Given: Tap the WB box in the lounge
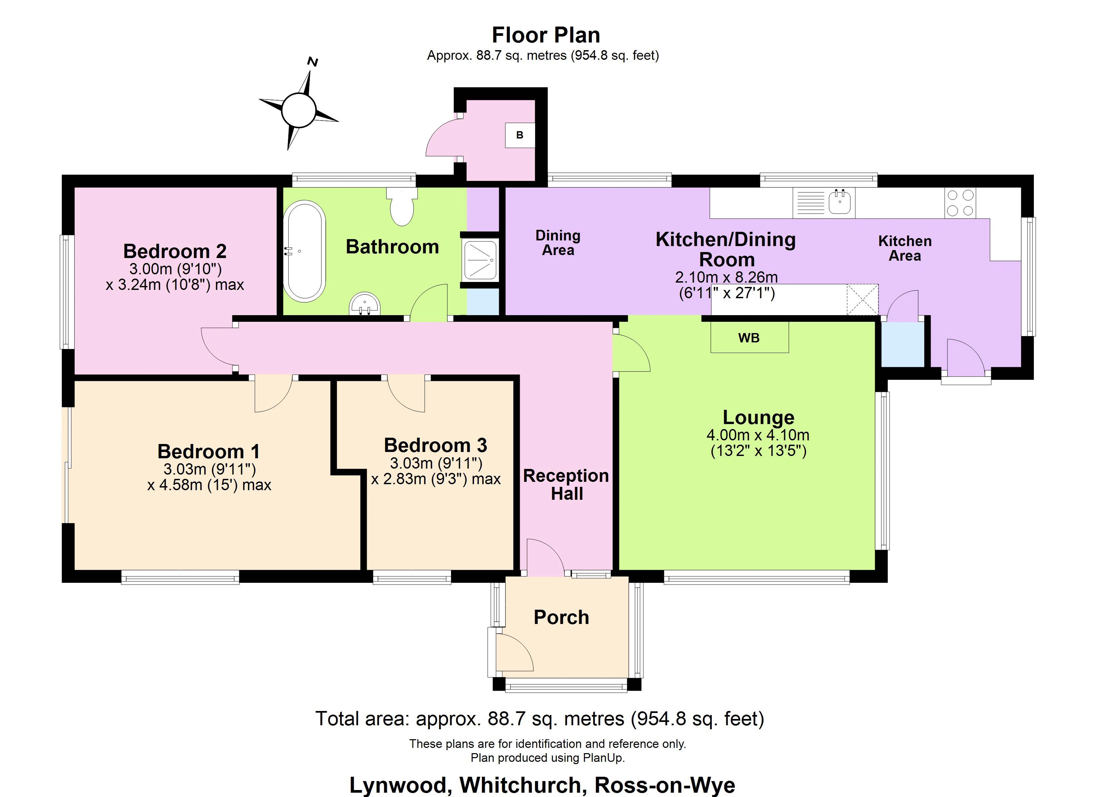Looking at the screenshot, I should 749,338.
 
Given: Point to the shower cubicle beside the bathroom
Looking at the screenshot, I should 480,260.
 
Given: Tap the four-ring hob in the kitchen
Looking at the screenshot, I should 960,203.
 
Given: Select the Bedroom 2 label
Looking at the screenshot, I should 175,251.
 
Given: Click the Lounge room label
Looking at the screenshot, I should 758,417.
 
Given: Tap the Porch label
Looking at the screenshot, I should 561,617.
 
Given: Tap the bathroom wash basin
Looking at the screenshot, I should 365,305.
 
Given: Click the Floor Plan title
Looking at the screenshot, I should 546,35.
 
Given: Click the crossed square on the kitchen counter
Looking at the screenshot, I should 862,300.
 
